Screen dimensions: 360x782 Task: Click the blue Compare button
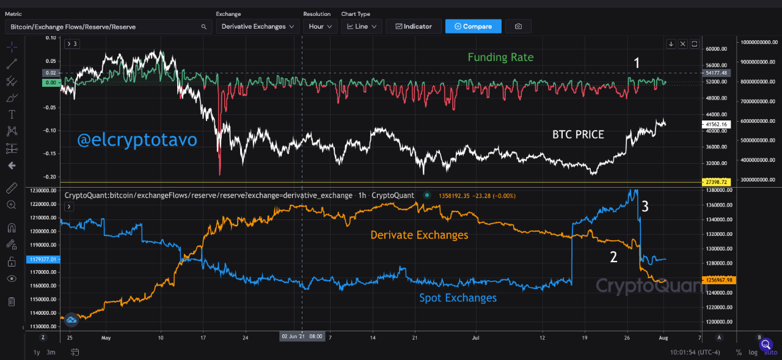(x=473, y=26)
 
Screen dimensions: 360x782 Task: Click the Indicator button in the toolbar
(x=414, y=26)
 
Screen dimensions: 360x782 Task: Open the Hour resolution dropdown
(x=320, y=26)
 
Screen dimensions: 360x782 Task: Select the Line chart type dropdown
(x=362, y=26)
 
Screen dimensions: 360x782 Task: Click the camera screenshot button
(x=518, y=26)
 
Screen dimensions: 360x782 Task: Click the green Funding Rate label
(x=500, y=57)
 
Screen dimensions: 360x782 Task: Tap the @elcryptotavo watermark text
(x=137, y=140)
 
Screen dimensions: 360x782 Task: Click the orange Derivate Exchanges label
(x=419, y=235)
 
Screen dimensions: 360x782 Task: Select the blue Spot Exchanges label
(x=458, y=298)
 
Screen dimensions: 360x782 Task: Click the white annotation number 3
(x=645, y=207)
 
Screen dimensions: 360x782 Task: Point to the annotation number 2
(x=613, y=257)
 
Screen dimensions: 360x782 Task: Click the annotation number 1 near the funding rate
(x=637, y=62)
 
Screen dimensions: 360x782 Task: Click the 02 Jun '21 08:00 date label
(x=302, y=336)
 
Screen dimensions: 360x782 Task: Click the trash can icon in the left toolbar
(x=12, y=301)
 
